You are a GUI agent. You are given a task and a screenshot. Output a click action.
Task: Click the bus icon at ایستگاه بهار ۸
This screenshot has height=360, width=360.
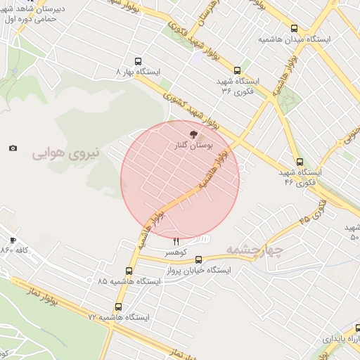(x=137, y=61)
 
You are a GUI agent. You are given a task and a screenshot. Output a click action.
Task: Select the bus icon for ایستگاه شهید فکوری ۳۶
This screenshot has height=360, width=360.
(x=238, y=70)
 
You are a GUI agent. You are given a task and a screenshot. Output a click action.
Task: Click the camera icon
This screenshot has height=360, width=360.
(x=13, y=148)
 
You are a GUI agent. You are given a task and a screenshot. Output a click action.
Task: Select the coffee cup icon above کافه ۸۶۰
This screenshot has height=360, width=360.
(x=13, y=240)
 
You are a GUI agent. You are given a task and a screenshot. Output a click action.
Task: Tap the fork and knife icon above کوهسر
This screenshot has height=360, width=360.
(x=176, y=242)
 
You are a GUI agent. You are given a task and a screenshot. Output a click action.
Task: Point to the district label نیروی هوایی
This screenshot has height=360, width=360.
(x=68, y=151)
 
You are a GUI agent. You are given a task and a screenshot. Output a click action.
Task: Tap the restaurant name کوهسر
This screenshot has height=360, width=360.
(x=175, y=252)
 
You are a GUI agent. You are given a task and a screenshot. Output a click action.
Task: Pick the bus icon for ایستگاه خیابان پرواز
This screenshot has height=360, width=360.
(x=199, y=259)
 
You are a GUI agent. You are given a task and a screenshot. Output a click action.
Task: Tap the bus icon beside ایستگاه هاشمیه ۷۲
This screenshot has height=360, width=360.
(x=118, y=307)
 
